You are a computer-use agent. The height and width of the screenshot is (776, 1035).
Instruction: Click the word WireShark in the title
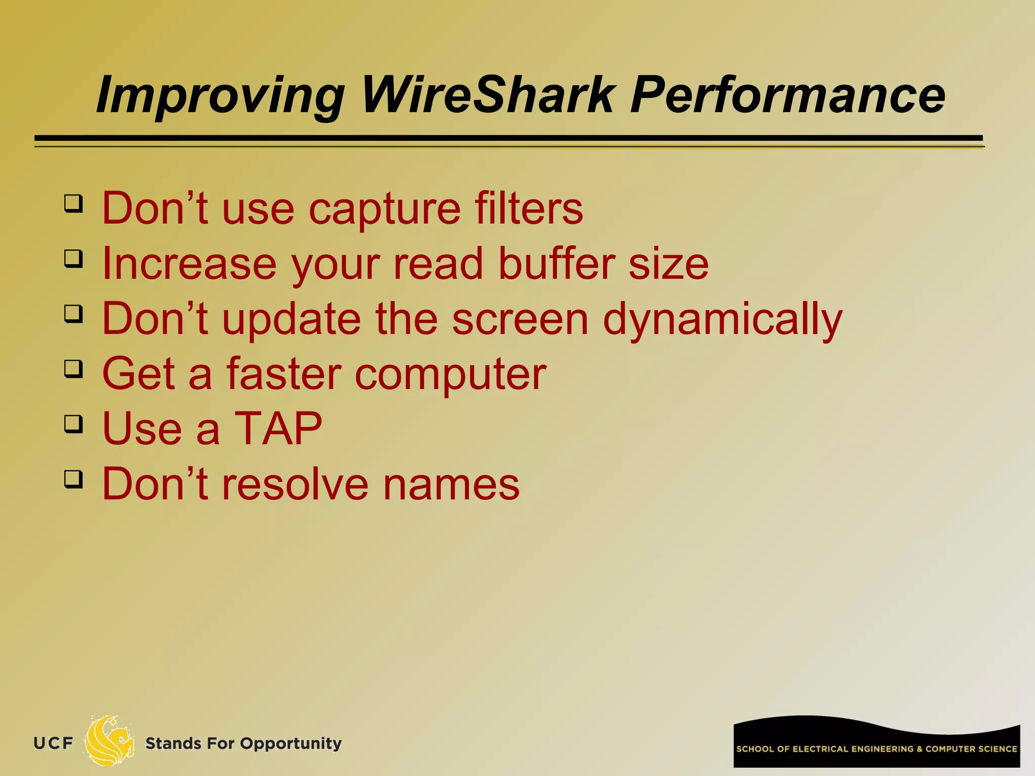(488, 95)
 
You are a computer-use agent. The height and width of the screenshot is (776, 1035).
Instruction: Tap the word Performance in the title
(787, 95)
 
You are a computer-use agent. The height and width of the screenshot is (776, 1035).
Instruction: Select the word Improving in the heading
(220, 95)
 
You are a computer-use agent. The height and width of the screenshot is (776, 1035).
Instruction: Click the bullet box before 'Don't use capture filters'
(74, 204)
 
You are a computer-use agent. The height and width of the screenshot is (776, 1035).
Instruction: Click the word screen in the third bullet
(520, 319)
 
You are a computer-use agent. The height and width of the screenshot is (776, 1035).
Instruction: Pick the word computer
(450, 374)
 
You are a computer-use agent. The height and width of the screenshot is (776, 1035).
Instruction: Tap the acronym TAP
(278, 428)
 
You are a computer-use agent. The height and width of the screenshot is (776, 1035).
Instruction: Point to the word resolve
(295, 484)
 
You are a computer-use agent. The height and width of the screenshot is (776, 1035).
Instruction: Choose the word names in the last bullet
(451, 484)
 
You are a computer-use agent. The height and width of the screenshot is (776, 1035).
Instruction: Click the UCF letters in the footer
(54, 743)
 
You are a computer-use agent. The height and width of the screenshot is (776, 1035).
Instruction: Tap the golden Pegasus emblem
(109, 741)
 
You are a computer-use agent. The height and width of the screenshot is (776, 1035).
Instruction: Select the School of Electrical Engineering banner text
(876, 749)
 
